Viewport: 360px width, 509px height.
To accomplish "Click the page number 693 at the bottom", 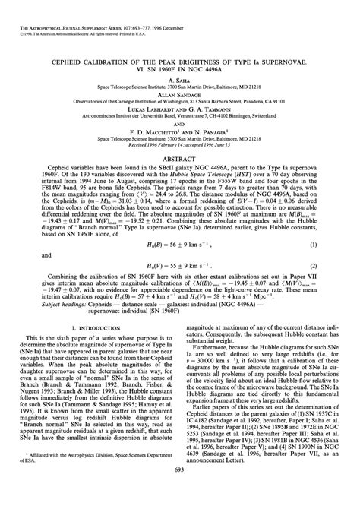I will (180, 493).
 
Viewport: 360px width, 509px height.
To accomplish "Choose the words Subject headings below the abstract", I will (44, 304).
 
